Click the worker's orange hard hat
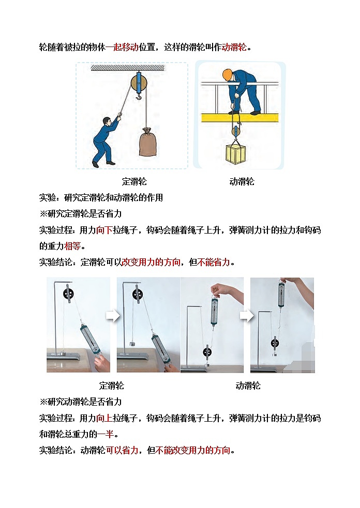pos(227,73)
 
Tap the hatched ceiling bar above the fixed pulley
pos(128,67)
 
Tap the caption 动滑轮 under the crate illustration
pos(242,181)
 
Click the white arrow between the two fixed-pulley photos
pos(113,316)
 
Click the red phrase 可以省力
pos(123,450)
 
